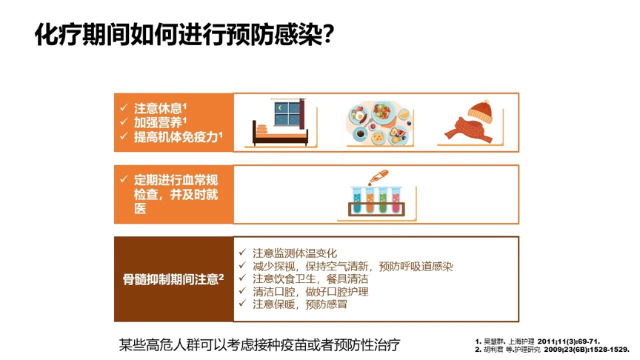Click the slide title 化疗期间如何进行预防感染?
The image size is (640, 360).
click(184, 35)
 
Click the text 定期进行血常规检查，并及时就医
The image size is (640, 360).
click(175, 193)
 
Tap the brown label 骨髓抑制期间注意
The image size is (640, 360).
click(173, 279)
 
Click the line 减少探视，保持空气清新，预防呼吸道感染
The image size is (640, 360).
click(352, 266)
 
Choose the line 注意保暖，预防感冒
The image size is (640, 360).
click(299, 304)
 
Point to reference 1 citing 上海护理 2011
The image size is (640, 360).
click(537, 341)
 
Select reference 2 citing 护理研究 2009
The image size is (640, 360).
click(552, 349)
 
